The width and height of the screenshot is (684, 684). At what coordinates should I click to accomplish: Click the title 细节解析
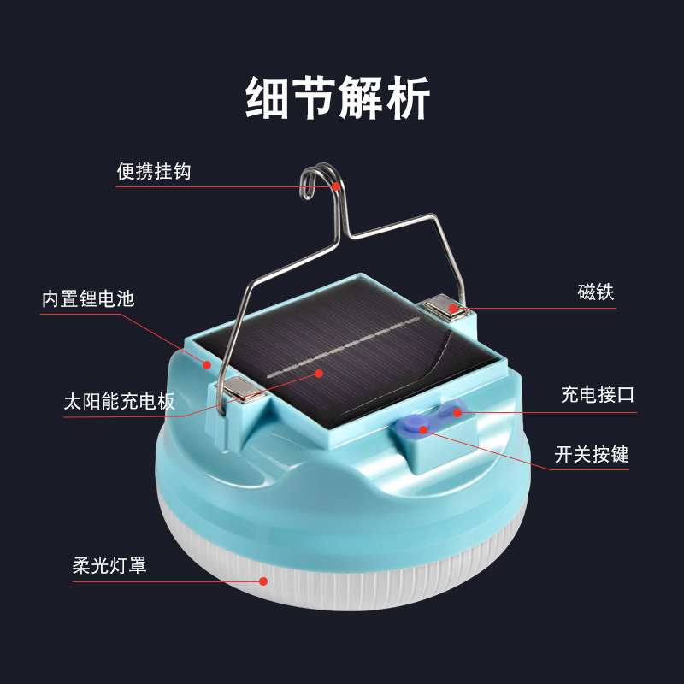tap(339, 97)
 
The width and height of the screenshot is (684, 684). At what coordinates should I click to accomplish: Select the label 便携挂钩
tap(154, 171)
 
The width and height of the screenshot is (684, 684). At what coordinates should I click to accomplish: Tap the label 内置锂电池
tap(88, 299)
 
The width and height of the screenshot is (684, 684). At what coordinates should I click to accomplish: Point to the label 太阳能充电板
tap(119, 402)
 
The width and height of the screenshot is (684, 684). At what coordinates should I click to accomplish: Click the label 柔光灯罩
tap(109, 565)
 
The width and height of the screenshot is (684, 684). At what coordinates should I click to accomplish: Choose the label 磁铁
tap(596, 292)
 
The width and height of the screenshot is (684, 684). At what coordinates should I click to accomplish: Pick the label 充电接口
tap(598, 395)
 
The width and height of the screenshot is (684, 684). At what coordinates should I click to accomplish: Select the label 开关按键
tap(592, 454)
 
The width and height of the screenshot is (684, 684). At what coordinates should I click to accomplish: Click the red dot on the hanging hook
tap(337, 186)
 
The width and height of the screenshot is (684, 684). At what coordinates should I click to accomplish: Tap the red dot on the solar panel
tap(319, 373)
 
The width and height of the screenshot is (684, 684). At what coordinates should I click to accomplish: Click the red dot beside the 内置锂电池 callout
tap(207, 364)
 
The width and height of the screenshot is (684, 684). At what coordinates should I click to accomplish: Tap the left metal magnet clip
tap(242, 392)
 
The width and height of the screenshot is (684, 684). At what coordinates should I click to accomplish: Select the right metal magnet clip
tap(445, 306)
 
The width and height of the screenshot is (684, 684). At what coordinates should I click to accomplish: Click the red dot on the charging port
tap(457, 412)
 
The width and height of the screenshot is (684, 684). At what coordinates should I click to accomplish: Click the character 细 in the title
tap(268, 97)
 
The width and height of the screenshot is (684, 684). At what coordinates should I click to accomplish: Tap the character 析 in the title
tap(409, 97)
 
